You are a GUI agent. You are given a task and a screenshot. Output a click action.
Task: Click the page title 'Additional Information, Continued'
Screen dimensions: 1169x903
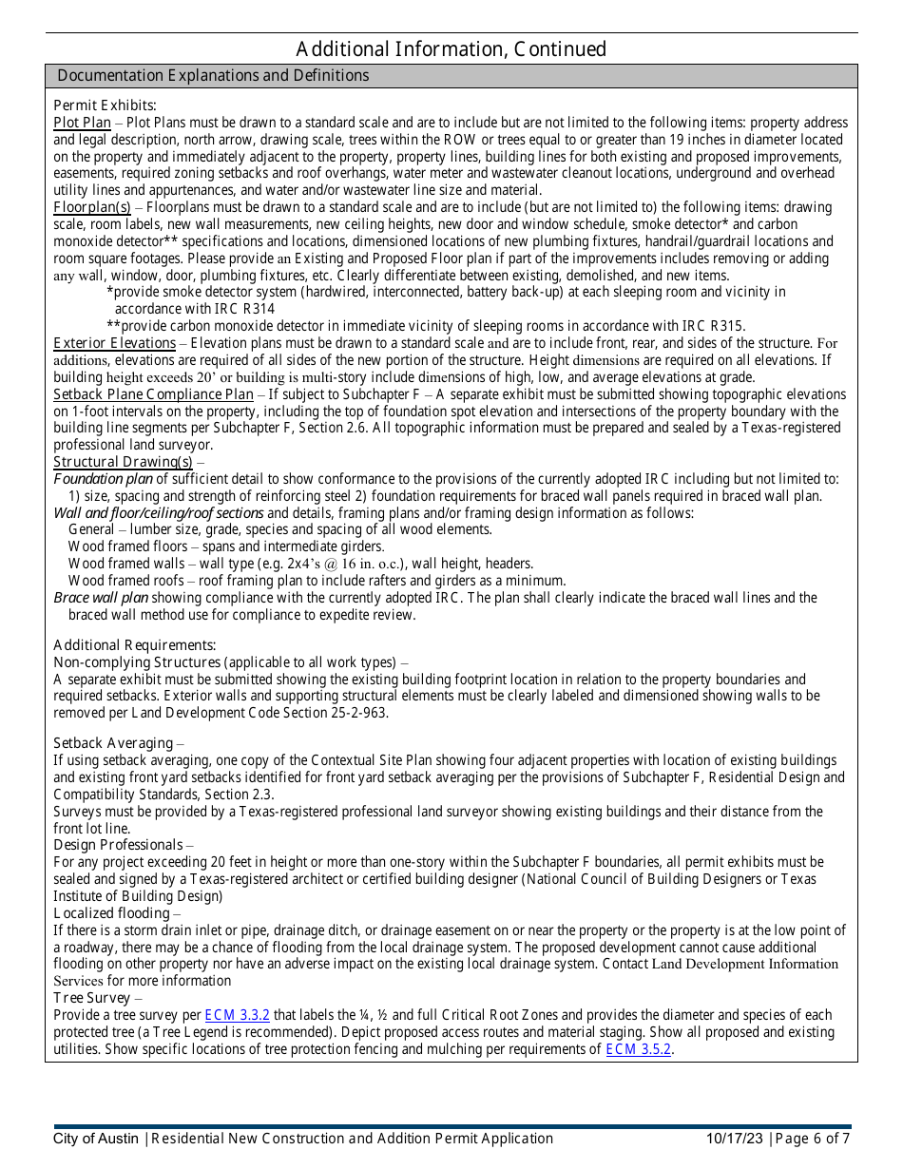coord(451,49)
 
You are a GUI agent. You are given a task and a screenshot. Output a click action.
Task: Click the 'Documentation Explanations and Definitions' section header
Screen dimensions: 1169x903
coord(213,76)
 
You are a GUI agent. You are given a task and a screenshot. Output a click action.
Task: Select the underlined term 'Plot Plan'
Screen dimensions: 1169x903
coord(83,123)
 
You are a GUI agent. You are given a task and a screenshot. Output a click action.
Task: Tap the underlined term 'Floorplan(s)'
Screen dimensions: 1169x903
coord(92,207)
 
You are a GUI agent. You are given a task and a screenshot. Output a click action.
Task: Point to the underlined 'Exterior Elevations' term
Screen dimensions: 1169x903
coord(115,343)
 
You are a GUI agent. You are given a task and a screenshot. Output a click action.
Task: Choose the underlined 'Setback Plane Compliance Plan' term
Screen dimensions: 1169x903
coord(154,394)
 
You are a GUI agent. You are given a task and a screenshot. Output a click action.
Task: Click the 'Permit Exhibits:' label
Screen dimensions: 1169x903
coord(105,105)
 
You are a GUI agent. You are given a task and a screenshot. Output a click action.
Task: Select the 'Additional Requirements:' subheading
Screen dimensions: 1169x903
coord(135,645)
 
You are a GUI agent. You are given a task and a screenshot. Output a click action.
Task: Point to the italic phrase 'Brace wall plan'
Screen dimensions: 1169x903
coord(101,598)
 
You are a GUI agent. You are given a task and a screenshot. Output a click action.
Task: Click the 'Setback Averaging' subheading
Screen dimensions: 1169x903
coord(113,743)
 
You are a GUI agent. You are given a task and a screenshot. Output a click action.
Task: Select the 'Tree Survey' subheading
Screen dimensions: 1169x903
coord(92,998)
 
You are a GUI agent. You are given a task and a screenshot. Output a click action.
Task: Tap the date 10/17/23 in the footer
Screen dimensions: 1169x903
coord(735,1139)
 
